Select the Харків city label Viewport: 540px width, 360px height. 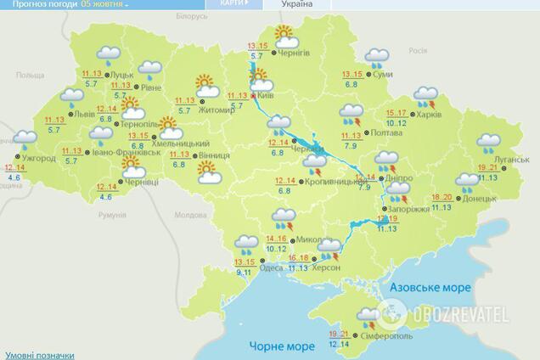(x=430, y=115)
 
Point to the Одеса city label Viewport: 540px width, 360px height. (x=271, y=267)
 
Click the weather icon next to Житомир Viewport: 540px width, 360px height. (x=205, y=86)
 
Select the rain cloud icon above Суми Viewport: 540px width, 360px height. (x=377, y=58)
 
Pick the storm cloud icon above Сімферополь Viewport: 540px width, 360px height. (x=368, y=318)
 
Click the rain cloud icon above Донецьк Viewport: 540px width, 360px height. (x=467, y=181)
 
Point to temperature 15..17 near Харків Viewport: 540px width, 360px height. (x=397, y=113)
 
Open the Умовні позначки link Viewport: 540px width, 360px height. (x=39, y=354)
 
